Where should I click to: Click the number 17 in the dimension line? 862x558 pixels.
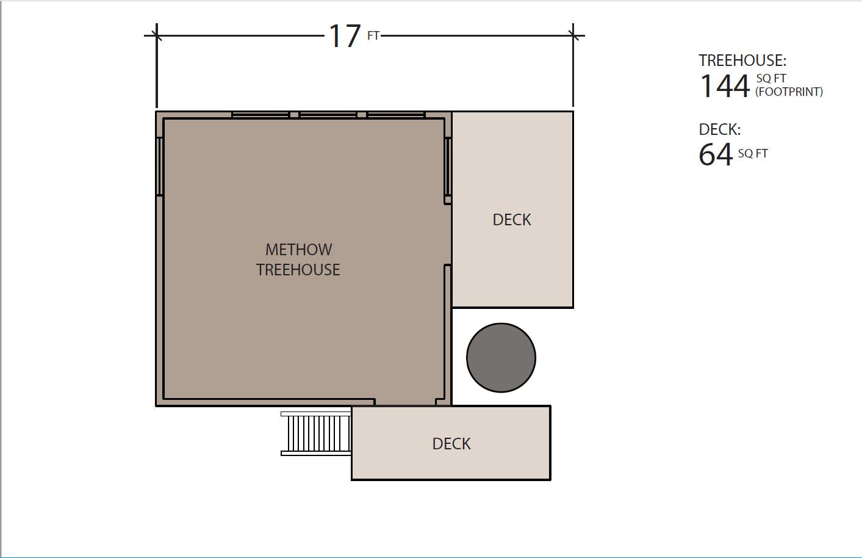(x=345, y=36)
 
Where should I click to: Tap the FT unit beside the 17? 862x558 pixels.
(x=373, y=36)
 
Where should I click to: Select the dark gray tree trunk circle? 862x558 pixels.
(x=501, y=358)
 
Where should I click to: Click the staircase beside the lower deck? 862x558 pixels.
(x=316, y=433)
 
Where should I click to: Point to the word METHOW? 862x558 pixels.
(x=299, y=250)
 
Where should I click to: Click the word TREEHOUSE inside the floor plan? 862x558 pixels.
(x=298, y=270)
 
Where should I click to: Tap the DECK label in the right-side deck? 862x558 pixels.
(x=512, y=220)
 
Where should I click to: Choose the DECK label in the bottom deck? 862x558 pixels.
(x=451, y=444)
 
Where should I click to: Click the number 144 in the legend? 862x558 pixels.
(x=725, y=86)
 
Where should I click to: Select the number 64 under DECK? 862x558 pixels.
(x=716, y=154)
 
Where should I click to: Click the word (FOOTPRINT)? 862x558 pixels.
(x=789, y=92)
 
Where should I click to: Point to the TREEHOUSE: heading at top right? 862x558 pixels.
(x=742, y=60)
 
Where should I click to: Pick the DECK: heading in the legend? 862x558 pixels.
(x=720, y=129)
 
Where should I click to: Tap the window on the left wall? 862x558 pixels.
(x=159, y=166)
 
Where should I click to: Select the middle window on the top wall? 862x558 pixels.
(x=328, y=114)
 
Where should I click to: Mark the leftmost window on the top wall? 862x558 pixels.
(x=260, y=114)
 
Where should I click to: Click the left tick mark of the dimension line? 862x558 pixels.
(x=157, y=35)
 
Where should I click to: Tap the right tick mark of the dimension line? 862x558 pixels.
(x=573, y=35)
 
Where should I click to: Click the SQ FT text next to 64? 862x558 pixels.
(x=753, y=153)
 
